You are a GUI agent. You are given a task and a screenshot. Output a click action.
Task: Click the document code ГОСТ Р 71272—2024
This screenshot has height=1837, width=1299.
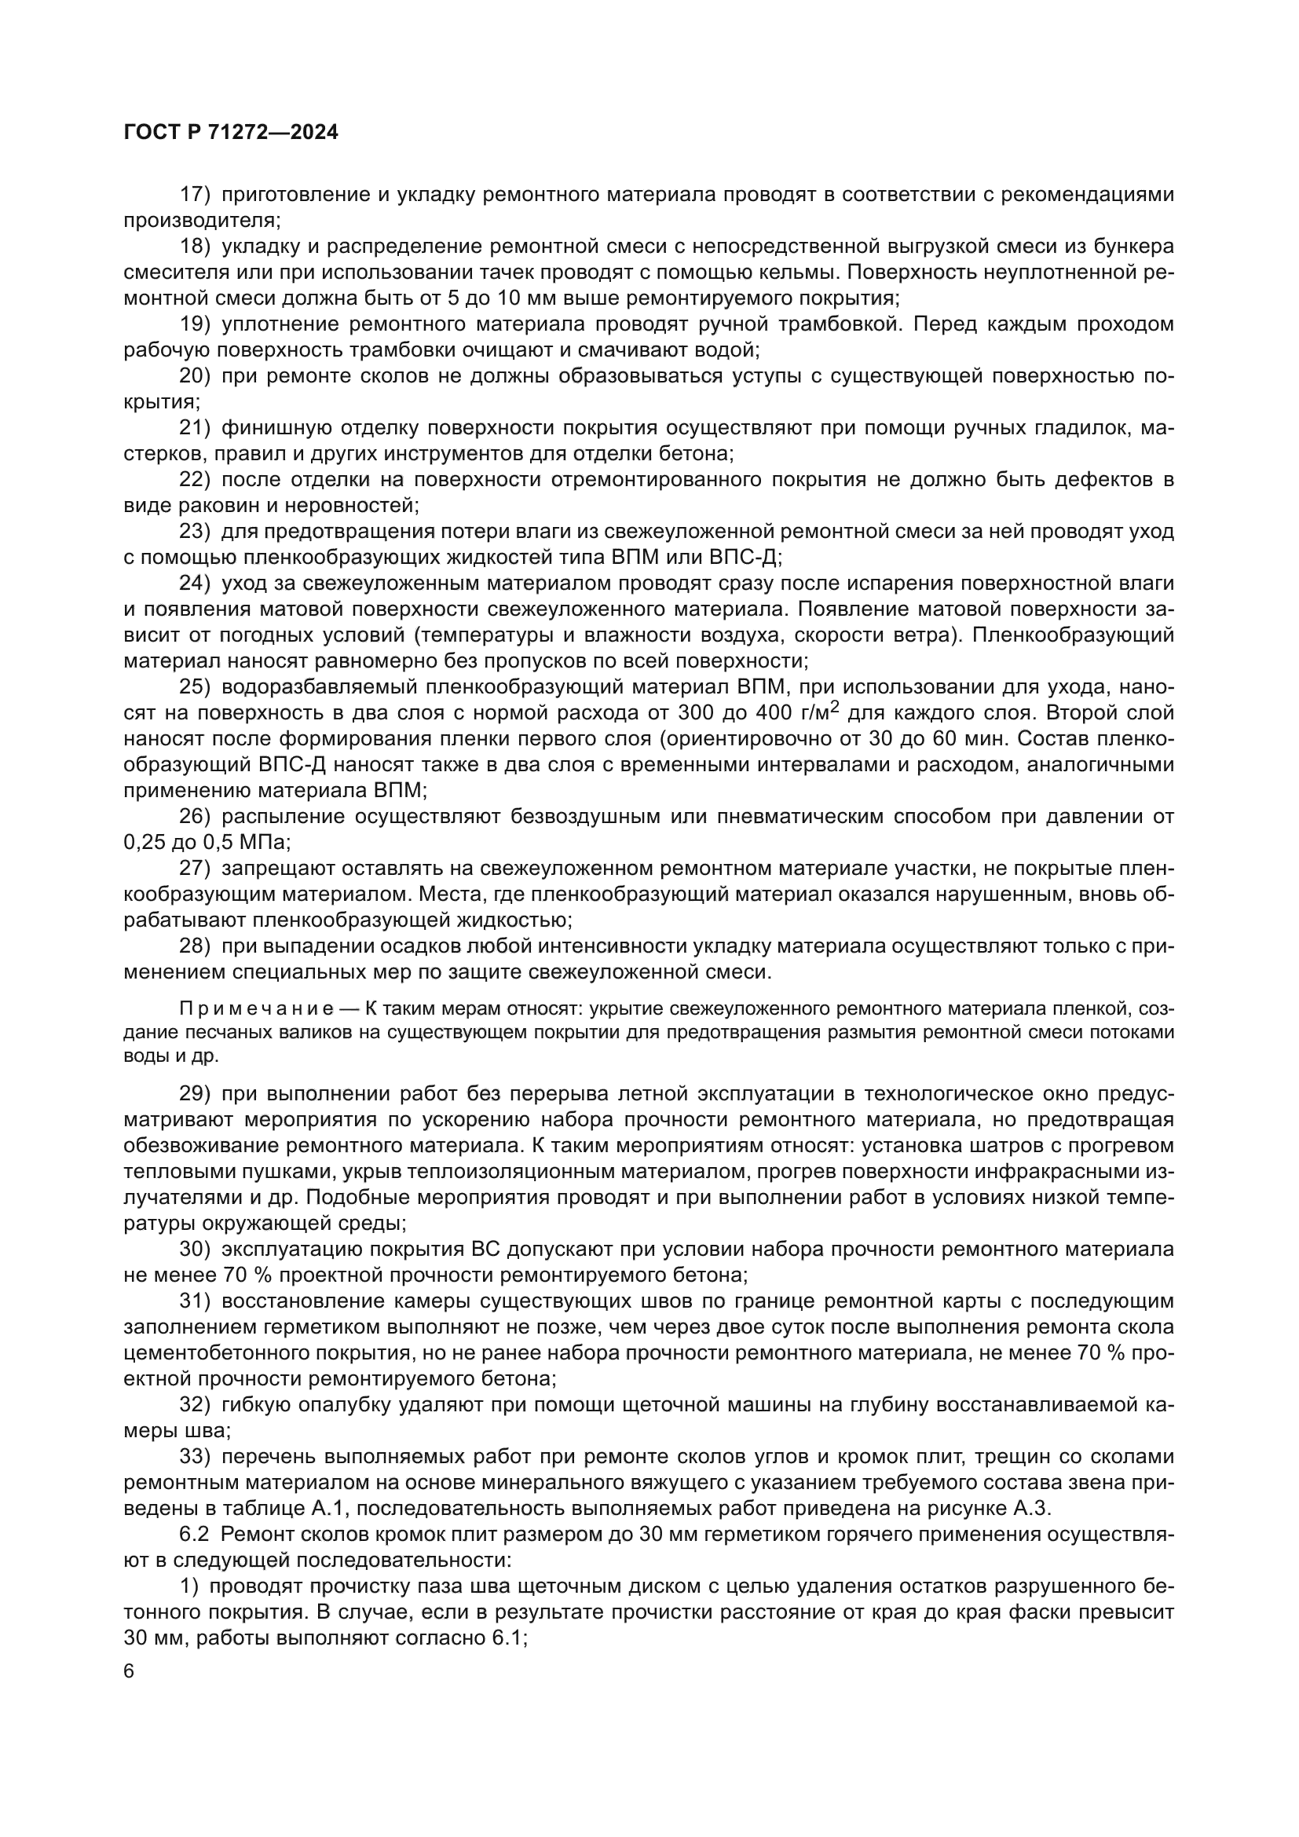(x=231, y=133)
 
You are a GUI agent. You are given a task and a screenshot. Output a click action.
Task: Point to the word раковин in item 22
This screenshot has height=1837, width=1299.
(x=211, y=507)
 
